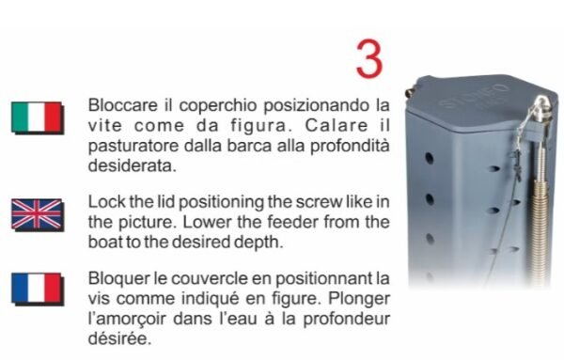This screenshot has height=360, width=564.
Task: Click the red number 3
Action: click(369, 59)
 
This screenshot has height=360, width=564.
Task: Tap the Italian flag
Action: click(38, 117)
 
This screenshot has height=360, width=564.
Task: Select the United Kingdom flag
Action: click(38, 215)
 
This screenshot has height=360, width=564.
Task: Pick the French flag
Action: click(38, 290)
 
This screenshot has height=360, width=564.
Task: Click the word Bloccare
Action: click(122, 105)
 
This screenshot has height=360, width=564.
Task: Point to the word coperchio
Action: click(218, 106)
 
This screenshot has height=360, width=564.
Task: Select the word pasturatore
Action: click(133, 147)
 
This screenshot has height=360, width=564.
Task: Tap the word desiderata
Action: click(133, 166)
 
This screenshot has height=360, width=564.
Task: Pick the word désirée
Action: click(119, 339)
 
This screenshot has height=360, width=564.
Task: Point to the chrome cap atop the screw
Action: click(543, 106)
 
